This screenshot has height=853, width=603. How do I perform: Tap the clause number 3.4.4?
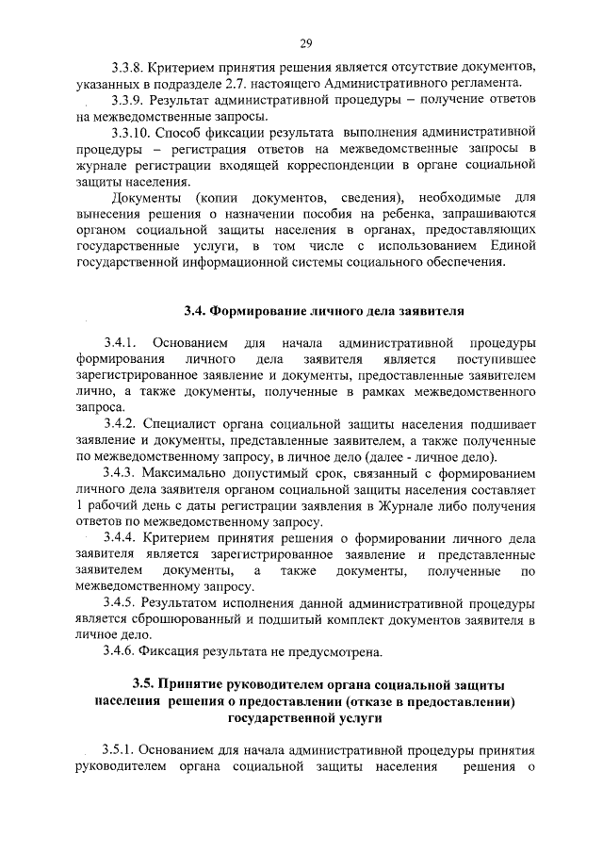click(x=130, y=539)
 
